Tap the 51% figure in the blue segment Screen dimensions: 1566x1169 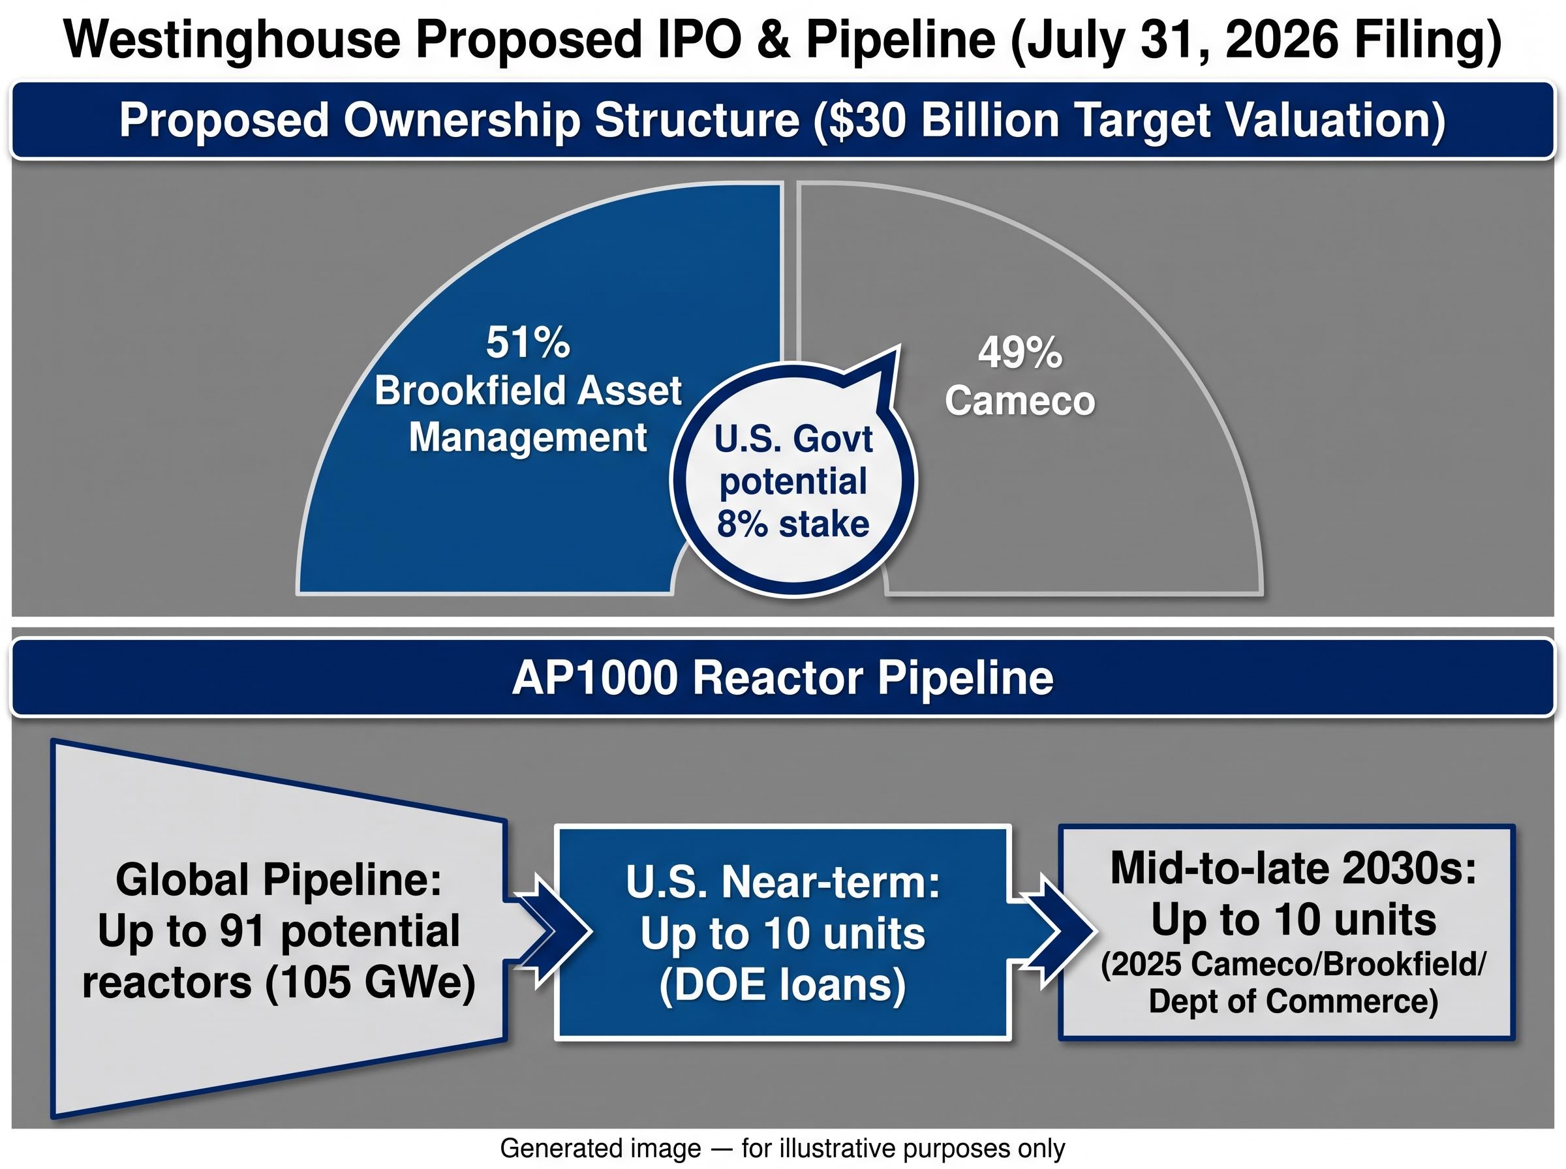(x=528, y=342)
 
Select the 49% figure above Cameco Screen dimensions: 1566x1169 (x=1020, y=352)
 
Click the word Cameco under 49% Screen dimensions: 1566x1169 (x=1020, y=401)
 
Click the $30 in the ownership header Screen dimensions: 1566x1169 (x=861, y=120)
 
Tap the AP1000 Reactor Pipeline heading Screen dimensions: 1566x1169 (x=782, y=678)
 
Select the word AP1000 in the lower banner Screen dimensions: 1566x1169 (x=594, y=678)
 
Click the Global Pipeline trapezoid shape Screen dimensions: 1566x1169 (x=279, y=928)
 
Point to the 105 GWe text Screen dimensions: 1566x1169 (x=370, y=984)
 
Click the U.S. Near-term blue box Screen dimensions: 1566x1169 (x=782, y=933)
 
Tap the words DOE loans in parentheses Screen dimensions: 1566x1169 (x=782, y=985)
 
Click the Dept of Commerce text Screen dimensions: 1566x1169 (x=1292, y=1001)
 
